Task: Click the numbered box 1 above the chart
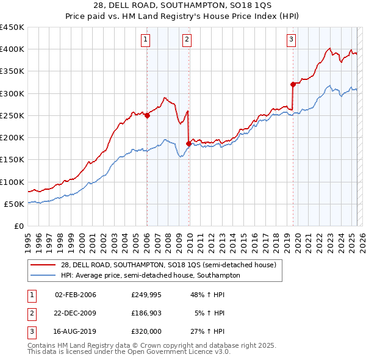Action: pos(146,40)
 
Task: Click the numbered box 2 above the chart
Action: pos(187,40)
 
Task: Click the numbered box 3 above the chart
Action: pos(292,40)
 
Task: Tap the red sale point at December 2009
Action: pos(188,143)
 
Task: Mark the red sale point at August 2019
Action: pos(293,84)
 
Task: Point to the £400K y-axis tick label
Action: pos(12,49)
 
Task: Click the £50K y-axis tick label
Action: pos(15,204)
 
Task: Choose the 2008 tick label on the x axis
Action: pos(168,237)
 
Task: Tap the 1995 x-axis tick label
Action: pos(28,237)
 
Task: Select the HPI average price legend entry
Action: pos(150,275)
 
